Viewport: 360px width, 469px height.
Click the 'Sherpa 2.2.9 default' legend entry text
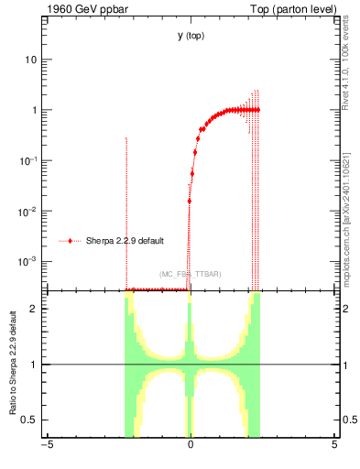coord(125,242)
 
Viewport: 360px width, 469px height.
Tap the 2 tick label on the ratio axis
coord(34,309)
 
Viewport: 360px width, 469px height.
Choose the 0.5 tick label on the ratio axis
coord(29,420)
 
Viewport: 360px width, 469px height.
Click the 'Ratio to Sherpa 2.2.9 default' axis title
coord(12,365)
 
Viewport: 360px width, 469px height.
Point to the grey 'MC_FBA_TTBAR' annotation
coord(190,275)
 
